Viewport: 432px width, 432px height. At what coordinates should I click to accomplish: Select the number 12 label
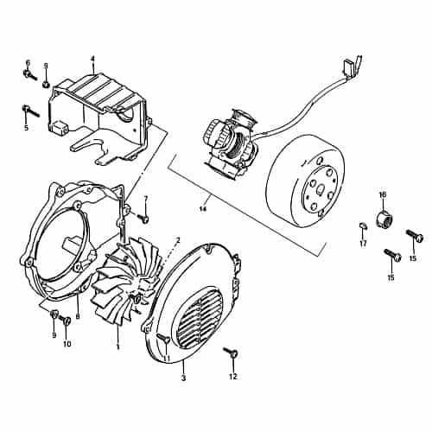232,378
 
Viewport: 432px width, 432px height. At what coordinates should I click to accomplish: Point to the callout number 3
183,378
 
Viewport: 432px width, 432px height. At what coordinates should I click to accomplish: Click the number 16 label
382,194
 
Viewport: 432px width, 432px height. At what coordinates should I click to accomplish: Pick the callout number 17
363,244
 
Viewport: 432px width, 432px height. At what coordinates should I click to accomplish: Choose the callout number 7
145,199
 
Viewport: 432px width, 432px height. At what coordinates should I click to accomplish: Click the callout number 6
27,62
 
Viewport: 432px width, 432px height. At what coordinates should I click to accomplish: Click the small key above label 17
363,226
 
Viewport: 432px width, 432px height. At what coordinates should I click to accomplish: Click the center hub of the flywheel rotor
320,185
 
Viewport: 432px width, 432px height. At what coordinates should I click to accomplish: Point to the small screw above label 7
143,213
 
